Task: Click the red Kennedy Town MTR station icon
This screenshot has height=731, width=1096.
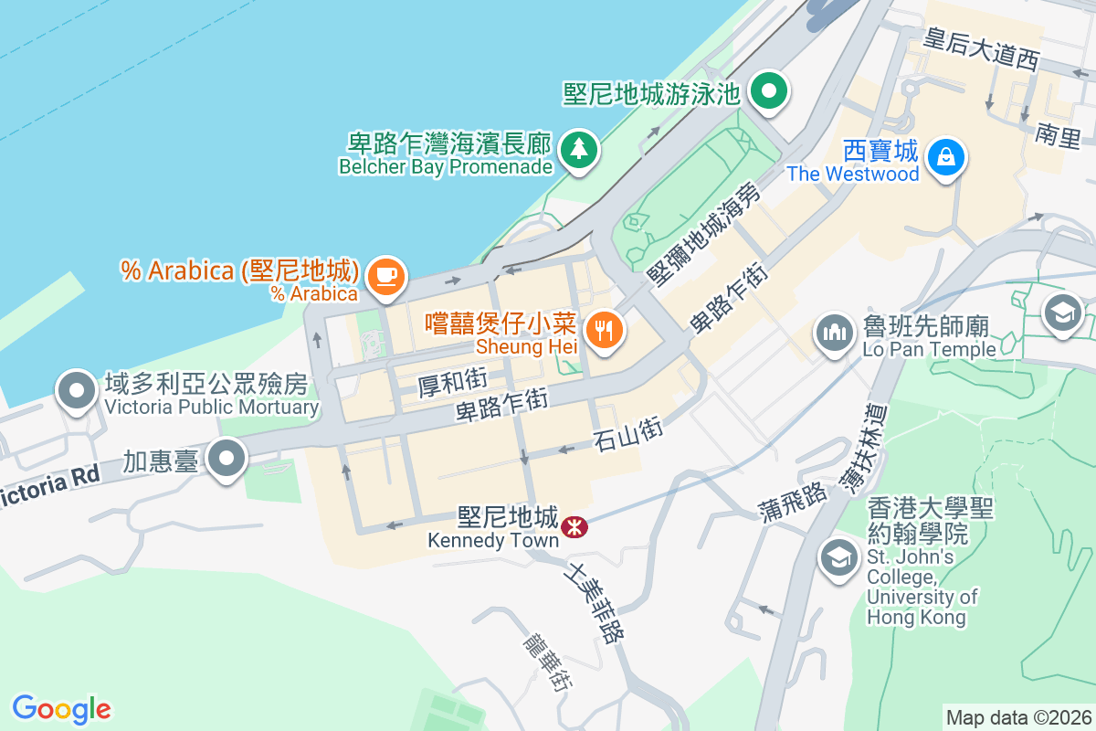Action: [x=574, y=526]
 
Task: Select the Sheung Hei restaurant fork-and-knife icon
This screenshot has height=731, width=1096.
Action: [x=603, y=330]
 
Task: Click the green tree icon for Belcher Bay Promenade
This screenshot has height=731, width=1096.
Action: [x=577, y=149]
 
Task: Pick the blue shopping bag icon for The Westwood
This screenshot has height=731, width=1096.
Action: [x=946, y=156]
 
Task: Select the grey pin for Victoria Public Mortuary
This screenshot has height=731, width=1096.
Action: [x=77, y=392]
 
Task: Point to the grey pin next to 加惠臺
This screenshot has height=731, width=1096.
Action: [x=227, y=459]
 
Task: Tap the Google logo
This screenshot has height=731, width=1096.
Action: [x=61, y=708]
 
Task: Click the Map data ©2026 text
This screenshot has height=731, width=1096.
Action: [x=1018, y=717]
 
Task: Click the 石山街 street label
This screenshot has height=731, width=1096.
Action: [x=627, y=432]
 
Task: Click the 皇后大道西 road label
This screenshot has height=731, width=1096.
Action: [x=981, y=49]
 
